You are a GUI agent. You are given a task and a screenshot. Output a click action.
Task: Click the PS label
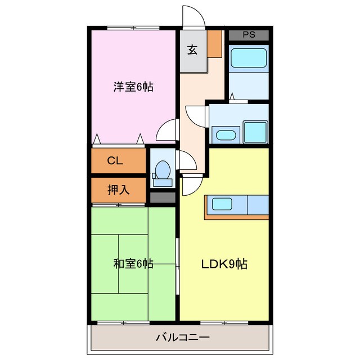point(249,35)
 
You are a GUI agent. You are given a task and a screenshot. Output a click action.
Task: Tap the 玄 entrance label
point(192,49)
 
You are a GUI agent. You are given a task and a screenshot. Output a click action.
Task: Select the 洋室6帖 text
point(133,87)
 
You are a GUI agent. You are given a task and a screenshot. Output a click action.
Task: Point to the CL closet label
point(115,161)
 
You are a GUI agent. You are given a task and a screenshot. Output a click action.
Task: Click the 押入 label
point(118,190)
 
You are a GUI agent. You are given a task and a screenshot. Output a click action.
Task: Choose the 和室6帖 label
point(133,263)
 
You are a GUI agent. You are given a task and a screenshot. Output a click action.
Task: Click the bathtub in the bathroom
point(249,58)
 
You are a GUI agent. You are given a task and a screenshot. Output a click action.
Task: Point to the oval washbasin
point(225,135)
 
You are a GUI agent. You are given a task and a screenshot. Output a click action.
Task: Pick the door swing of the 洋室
point(167,130)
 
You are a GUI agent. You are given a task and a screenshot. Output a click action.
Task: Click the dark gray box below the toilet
point(163,197)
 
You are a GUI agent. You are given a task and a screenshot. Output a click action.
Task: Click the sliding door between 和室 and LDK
point(178,265)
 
